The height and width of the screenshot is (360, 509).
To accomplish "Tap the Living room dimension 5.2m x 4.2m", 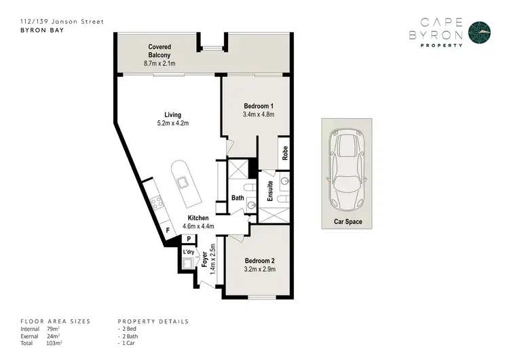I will click(172, 124).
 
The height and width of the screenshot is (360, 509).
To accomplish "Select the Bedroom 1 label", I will click(258, 106).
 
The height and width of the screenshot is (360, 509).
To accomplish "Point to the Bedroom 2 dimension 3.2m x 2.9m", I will click(258, 268).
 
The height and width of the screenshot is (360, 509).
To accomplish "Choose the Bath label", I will click(238, 198).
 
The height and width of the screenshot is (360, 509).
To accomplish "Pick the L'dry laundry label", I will click(189, 252).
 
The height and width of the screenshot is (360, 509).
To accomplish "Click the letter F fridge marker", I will click(168, 231).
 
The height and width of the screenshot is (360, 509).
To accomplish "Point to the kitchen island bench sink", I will click(182, 182).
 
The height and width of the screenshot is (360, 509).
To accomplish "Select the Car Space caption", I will click(347, 221).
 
